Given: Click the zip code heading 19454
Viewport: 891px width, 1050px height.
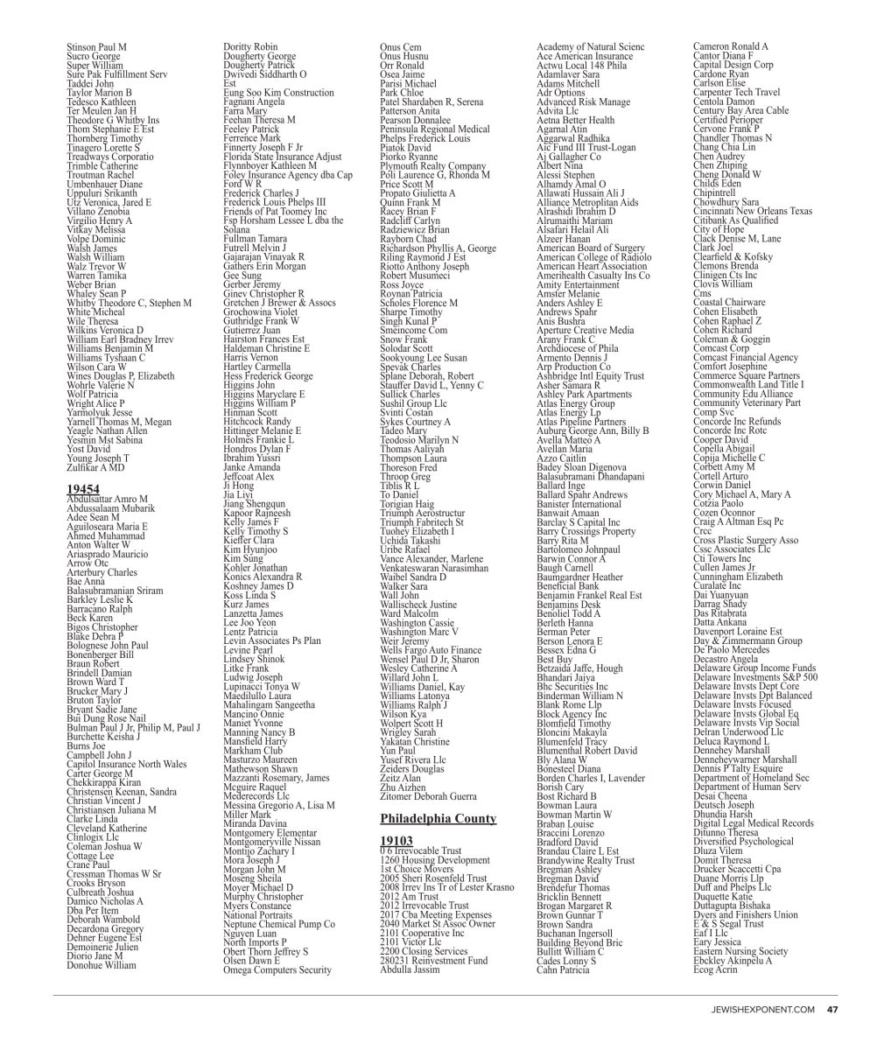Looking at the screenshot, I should (81, 490).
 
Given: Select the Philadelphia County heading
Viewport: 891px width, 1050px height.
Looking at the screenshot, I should (438, 818).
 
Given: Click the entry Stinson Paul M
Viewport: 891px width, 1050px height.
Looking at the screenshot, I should (96, 46).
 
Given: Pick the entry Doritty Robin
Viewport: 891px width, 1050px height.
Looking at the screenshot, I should (251, 46).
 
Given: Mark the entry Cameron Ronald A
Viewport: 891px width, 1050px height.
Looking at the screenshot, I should (731, 46).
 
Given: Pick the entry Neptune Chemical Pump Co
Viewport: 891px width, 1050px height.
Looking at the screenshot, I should (279, 923).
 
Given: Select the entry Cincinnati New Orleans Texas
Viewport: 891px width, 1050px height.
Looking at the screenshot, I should (752, 211).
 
